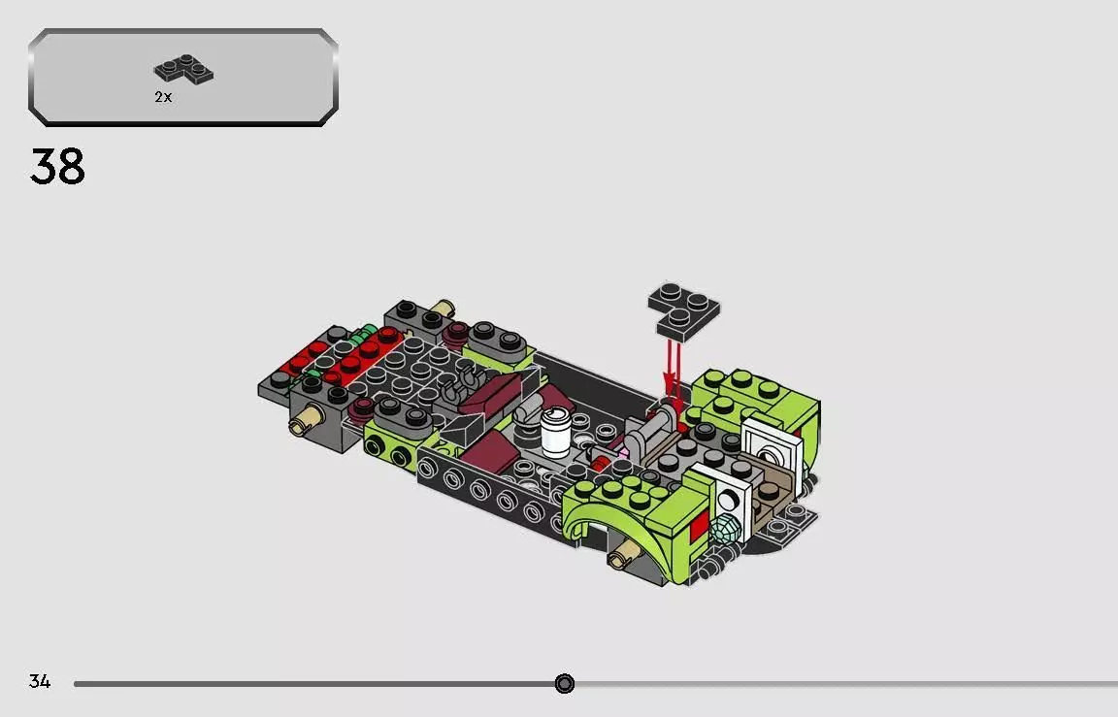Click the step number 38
point(57,167)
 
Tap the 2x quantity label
point(163,97)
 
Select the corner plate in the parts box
point(183,69)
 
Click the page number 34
point(40,681)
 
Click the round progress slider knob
point(564,683)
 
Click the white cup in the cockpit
point(555,432)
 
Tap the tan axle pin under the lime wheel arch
point(622,552)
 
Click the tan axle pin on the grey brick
point(307,419)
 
